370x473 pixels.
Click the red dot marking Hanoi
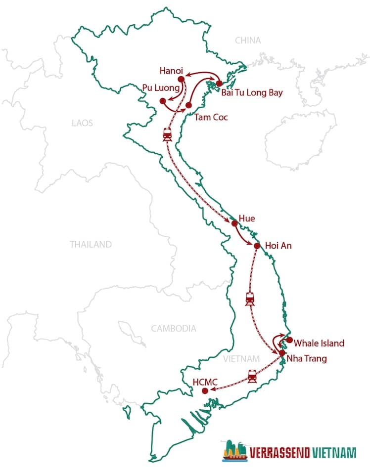coord(181,79)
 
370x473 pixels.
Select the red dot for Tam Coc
coord(188,105)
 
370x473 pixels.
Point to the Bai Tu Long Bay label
coord(252,92)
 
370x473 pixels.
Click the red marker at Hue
coord(234,223)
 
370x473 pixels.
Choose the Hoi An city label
coord(278,246)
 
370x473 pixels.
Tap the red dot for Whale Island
coord(290,340)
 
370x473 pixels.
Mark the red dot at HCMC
coord(205,391)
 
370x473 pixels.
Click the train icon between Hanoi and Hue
coord(167,134)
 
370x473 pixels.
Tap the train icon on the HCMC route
coord(253,376)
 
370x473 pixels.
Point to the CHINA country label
coord(247,40)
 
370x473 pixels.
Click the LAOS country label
coord(82,123)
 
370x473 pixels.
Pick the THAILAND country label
coord(91,244)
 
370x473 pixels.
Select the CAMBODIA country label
coord(174,328)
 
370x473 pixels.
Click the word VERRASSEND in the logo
coord(280,453)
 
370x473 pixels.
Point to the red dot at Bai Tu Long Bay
coord(219,84)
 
